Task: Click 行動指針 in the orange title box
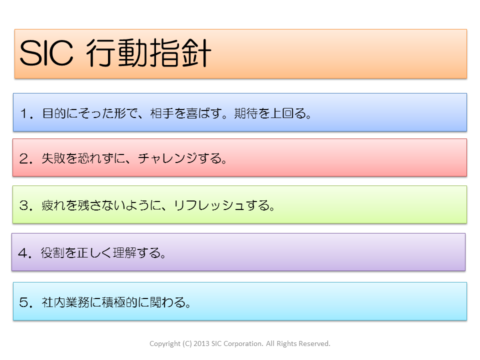click(x=149, y=52)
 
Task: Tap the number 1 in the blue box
click(x=24, y=113)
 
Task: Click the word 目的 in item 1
click(x=54, y=113)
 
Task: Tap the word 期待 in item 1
click(x=246, y=113)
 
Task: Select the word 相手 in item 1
click(x=162, y=113)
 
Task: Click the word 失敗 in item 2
click(x=53, y=158)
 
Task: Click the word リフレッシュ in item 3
click(x=209, y=205)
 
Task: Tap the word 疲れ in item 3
click(x=53, y=205)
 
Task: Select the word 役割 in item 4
click(x=52, y=253)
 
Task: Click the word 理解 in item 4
click(x=125, y=253)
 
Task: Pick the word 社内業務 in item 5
click(x=65, y=302)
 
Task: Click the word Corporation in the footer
click(x=243, y=344)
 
